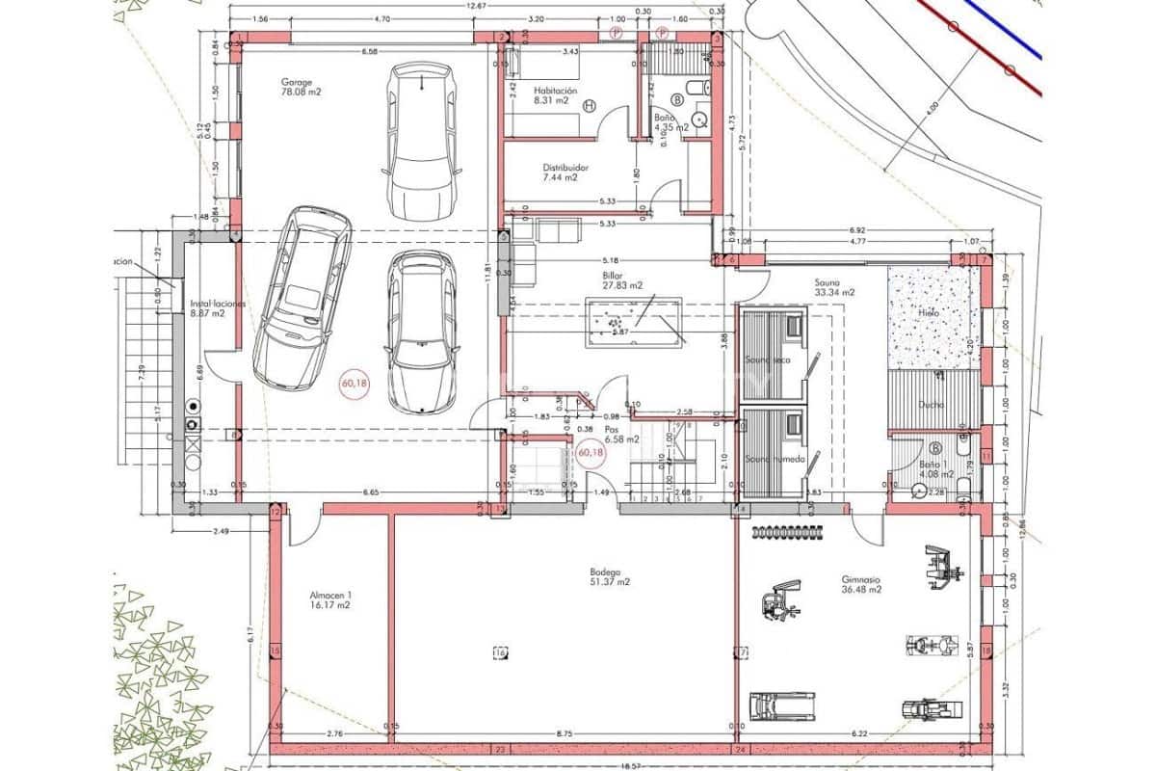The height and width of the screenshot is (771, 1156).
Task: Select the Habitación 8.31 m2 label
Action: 555,96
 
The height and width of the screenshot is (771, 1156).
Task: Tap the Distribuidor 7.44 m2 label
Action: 565,173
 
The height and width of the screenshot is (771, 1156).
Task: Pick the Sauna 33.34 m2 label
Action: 834,286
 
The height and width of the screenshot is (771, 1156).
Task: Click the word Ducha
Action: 931,406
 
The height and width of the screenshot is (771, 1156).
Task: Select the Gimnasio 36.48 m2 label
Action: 861,585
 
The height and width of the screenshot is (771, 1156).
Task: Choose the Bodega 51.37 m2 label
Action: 610,576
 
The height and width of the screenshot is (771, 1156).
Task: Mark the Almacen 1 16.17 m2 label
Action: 330,600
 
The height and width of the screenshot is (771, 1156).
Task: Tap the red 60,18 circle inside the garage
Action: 355,384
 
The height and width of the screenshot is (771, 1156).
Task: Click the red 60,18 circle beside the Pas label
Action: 590,452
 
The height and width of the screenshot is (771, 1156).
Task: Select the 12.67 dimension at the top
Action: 476,7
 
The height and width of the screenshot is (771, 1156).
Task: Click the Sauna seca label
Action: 767,359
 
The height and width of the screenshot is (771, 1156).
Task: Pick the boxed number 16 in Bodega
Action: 499,652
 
